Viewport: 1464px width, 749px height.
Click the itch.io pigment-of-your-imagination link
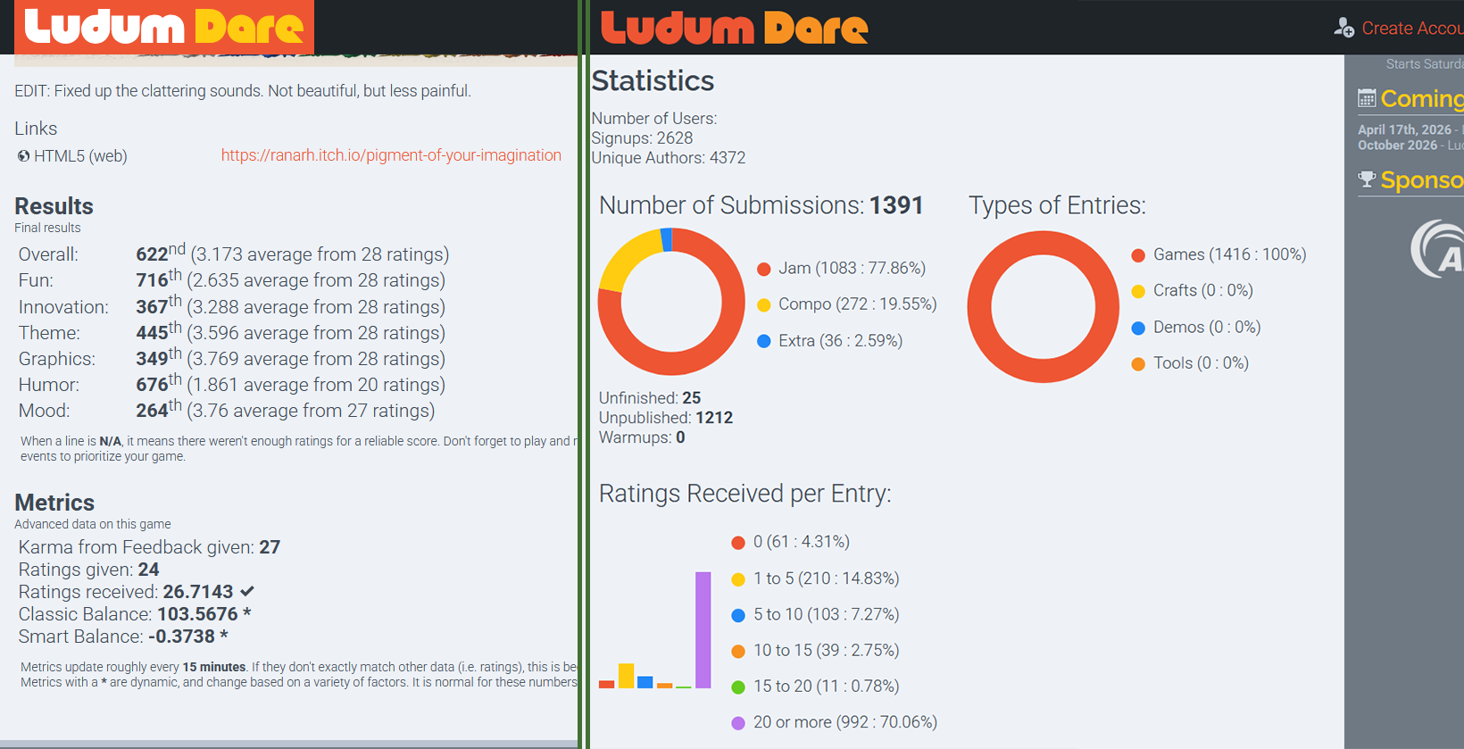391,155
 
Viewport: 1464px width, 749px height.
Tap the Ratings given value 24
148,570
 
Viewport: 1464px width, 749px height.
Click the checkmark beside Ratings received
247,591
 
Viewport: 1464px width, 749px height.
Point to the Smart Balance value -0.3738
181,637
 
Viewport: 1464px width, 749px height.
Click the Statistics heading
653,81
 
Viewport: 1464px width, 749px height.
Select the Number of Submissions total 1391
896,205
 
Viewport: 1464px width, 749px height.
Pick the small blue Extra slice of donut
666,239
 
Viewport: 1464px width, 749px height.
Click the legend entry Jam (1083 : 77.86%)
851,268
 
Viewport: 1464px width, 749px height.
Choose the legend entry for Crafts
1202,290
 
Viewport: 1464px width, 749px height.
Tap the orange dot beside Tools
1138,363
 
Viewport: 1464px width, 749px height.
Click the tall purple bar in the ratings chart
703,629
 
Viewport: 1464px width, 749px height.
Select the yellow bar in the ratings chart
627,676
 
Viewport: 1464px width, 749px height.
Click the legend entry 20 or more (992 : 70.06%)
844,722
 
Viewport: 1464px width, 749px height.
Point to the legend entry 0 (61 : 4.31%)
800,542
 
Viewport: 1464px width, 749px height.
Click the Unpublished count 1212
714,418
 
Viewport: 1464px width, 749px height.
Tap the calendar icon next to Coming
1367,98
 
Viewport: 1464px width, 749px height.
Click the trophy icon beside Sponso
1367,179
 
